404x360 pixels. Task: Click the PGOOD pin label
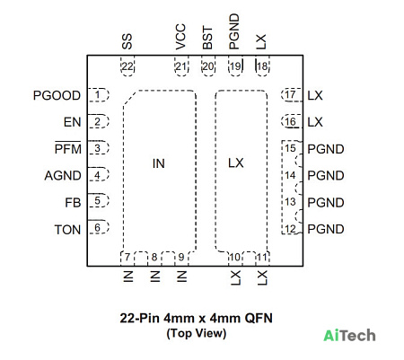pos(57,95)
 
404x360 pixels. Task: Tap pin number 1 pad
pos(98,95)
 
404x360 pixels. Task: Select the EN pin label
pos(72,122)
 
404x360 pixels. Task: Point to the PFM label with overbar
pos(67,148)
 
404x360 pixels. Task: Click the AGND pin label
pos(63,175)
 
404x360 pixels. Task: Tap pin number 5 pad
pos(98,200)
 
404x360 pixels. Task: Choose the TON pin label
pos(67,230)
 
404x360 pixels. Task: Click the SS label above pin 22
pos(127,41)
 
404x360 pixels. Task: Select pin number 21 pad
pos(181,66)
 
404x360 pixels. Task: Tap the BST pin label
pos(207,38)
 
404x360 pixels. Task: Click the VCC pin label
pos(180,37)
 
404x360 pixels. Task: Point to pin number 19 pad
pos(235,66)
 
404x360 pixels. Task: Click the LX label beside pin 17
pos(315,95)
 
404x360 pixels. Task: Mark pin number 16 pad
pos(292,121)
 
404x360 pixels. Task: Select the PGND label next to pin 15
pos(326,149)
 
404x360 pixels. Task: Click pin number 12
pos(290,229)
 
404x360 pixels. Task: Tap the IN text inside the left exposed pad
pos(159,163)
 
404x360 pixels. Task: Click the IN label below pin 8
pos(154,277)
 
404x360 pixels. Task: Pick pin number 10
pos(235,257)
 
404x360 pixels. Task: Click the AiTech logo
pos(349,335)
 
